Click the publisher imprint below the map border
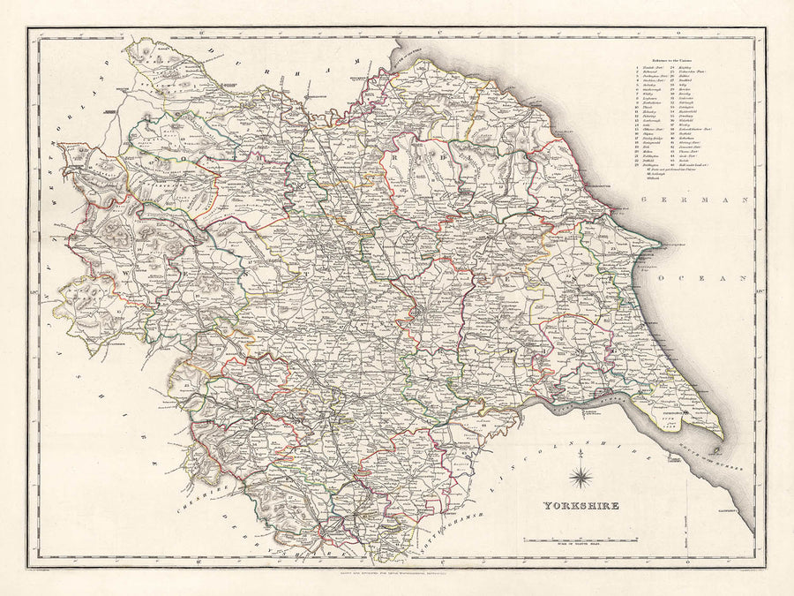click(396, 575)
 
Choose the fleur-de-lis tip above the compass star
click(581, 455)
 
